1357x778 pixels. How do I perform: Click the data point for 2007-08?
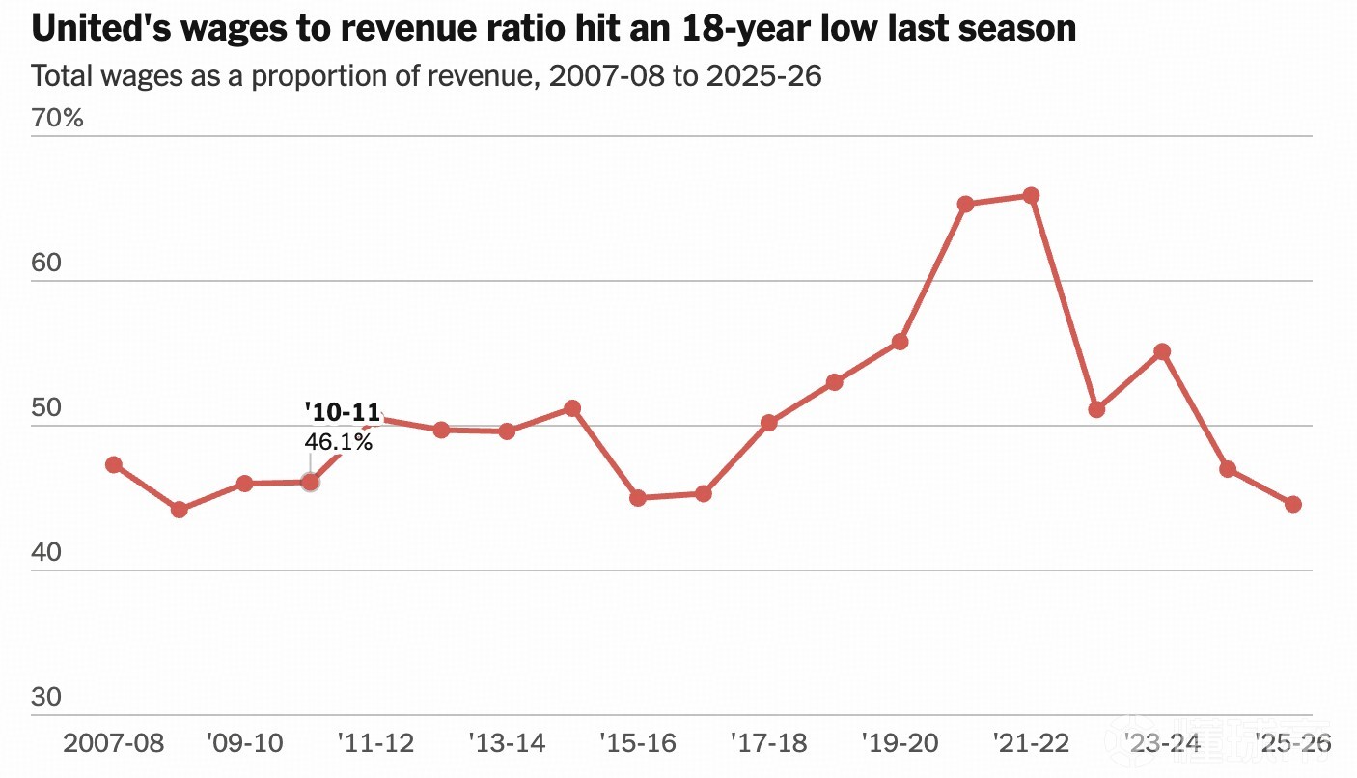pyautogui.click(x=114, y=465)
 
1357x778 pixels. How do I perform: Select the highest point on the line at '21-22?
pyautogui.click(x=1031, y=196)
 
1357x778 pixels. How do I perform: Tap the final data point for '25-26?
pyautogui.click(x=1293, y=504)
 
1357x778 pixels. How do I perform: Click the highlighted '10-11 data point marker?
pyautogui.click(x=310, y=483)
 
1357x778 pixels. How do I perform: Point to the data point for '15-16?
pyautogui.click(x=638, y=498)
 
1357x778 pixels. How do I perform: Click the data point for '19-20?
pyautogui.click(x=900, y=343)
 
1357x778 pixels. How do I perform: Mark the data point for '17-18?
pyautogui.click(x=769, y=423)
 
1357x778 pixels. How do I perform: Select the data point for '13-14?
pyautogui.click(x=507, y=432)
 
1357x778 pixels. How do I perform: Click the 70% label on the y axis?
pyautogui.click(x=57, y=118)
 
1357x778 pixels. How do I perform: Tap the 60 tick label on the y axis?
pyautogui.click(x=46, y=263)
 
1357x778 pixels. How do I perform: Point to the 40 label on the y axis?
pyautogui.click(x=46, y=552)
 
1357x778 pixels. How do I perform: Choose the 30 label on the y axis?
pyautogui.click(x=46, y=698)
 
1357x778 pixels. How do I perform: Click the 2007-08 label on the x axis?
pyautogui.click(x=113, y=743)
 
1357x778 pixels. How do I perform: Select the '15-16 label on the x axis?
pyautogui.click(x=638, y=743)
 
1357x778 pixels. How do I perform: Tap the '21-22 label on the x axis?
pyautogui.click(x=1031, y=743)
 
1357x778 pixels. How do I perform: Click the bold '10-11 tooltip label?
pyautogui.click(x=343, y=412)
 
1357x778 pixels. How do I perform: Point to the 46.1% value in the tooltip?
pyautogui.click(x=338, y=442)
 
